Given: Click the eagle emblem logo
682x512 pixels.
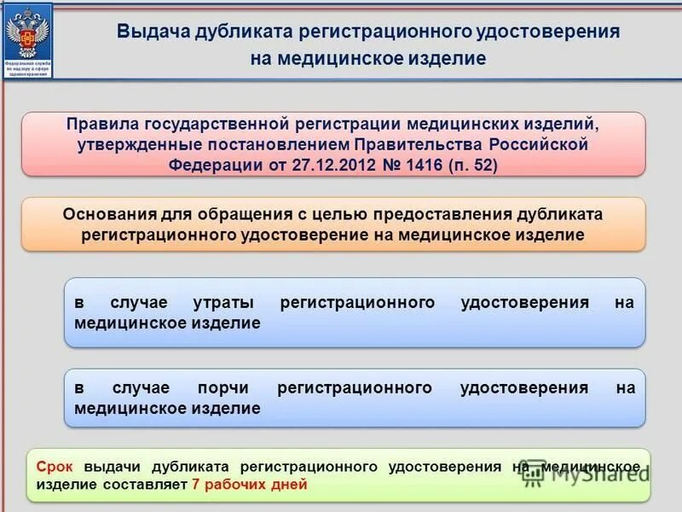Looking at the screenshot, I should tap(27, 32).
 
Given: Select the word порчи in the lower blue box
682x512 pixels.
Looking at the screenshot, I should tap(222, 387).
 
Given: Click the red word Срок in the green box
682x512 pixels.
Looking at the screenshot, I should tap(55, 466).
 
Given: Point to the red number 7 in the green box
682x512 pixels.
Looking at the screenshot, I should tap(196, 484).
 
